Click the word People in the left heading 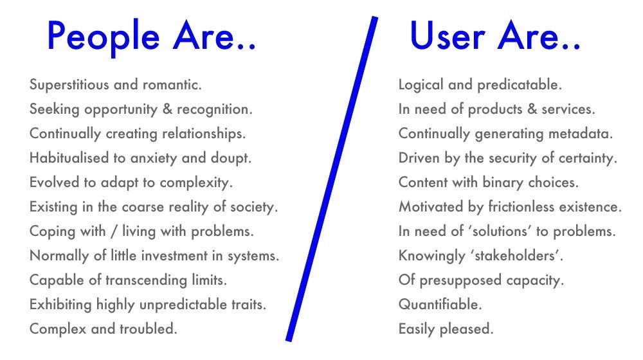pos(104,37)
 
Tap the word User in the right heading pos(448,36)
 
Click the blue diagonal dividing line pos(332,179)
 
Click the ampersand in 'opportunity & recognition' pos(167,109)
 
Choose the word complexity pos(196,183)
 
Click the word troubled pos(149,329)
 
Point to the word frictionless pos(521,206)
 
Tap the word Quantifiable pos(440,305)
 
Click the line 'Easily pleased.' pos(446,329)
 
